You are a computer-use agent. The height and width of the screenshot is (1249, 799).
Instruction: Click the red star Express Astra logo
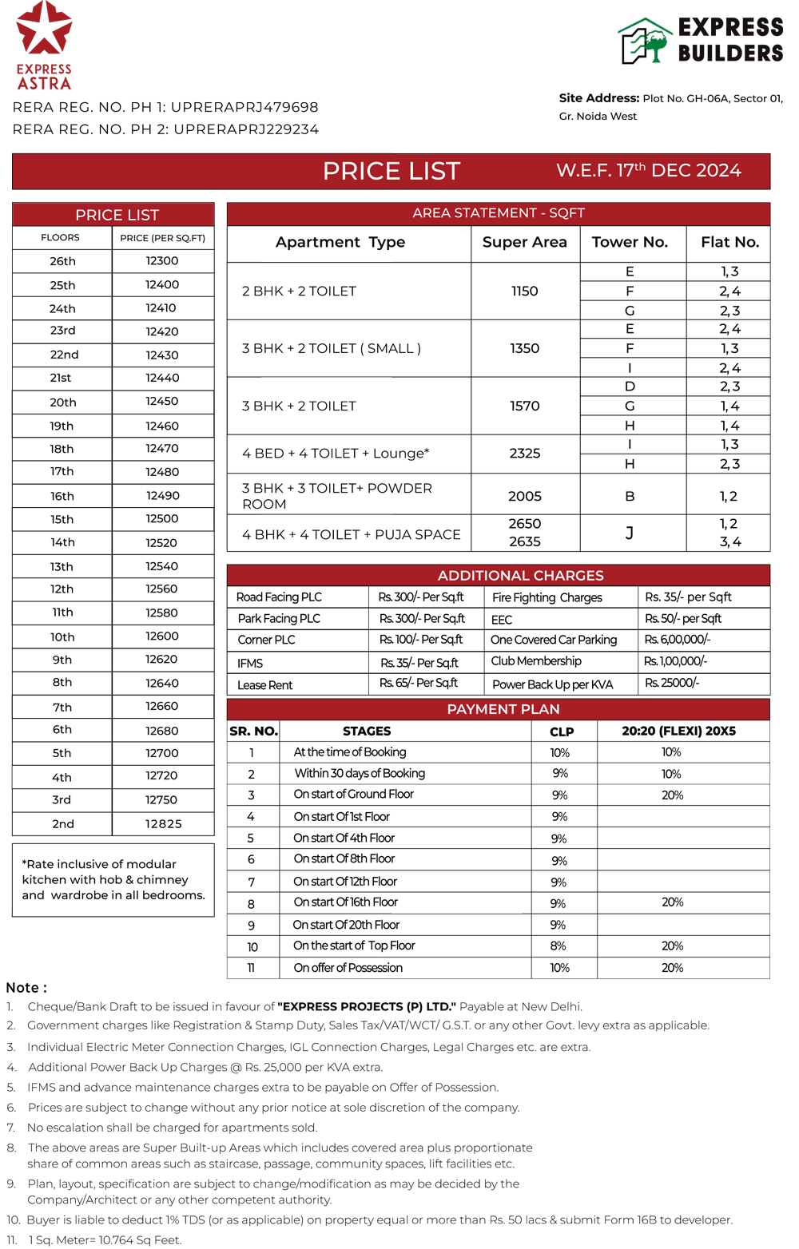[44, 32]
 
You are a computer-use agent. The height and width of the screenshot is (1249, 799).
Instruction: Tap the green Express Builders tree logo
[646, 42]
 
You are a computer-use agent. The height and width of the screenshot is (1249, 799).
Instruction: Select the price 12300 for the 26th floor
[162, 261]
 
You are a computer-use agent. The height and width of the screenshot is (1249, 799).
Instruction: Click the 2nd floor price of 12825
[163, 824]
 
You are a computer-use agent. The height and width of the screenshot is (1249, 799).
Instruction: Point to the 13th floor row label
[62, 567]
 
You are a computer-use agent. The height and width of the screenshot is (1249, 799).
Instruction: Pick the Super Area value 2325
[525, 454]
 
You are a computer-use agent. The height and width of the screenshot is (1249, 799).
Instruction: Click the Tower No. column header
[630, 242]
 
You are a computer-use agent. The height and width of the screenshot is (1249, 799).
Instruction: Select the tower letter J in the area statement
[630, 533]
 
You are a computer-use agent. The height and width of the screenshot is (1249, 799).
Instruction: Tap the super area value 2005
[525, 496]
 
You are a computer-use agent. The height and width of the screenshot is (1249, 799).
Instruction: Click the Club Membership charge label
[536, 661]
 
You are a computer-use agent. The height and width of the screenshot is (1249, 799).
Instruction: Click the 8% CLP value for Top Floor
[559, 946]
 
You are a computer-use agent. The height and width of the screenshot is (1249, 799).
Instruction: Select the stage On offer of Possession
[348, 968]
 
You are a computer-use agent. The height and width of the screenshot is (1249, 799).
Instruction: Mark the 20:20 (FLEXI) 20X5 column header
[678, 732]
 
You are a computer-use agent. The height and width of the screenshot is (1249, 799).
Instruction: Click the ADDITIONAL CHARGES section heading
[520, 576]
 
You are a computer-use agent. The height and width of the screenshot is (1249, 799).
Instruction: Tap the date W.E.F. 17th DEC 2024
[649, 171]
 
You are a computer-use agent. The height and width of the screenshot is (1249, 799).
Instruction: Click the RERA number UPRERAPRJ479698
[244, 107]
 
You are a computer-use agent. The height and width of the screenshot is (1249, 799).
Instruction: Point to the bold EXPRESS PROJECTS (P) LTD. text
[367, 1007]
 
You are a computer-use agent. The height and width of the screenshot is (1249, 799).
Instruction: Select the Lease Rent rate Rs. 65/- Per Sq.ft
[418, 684]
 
